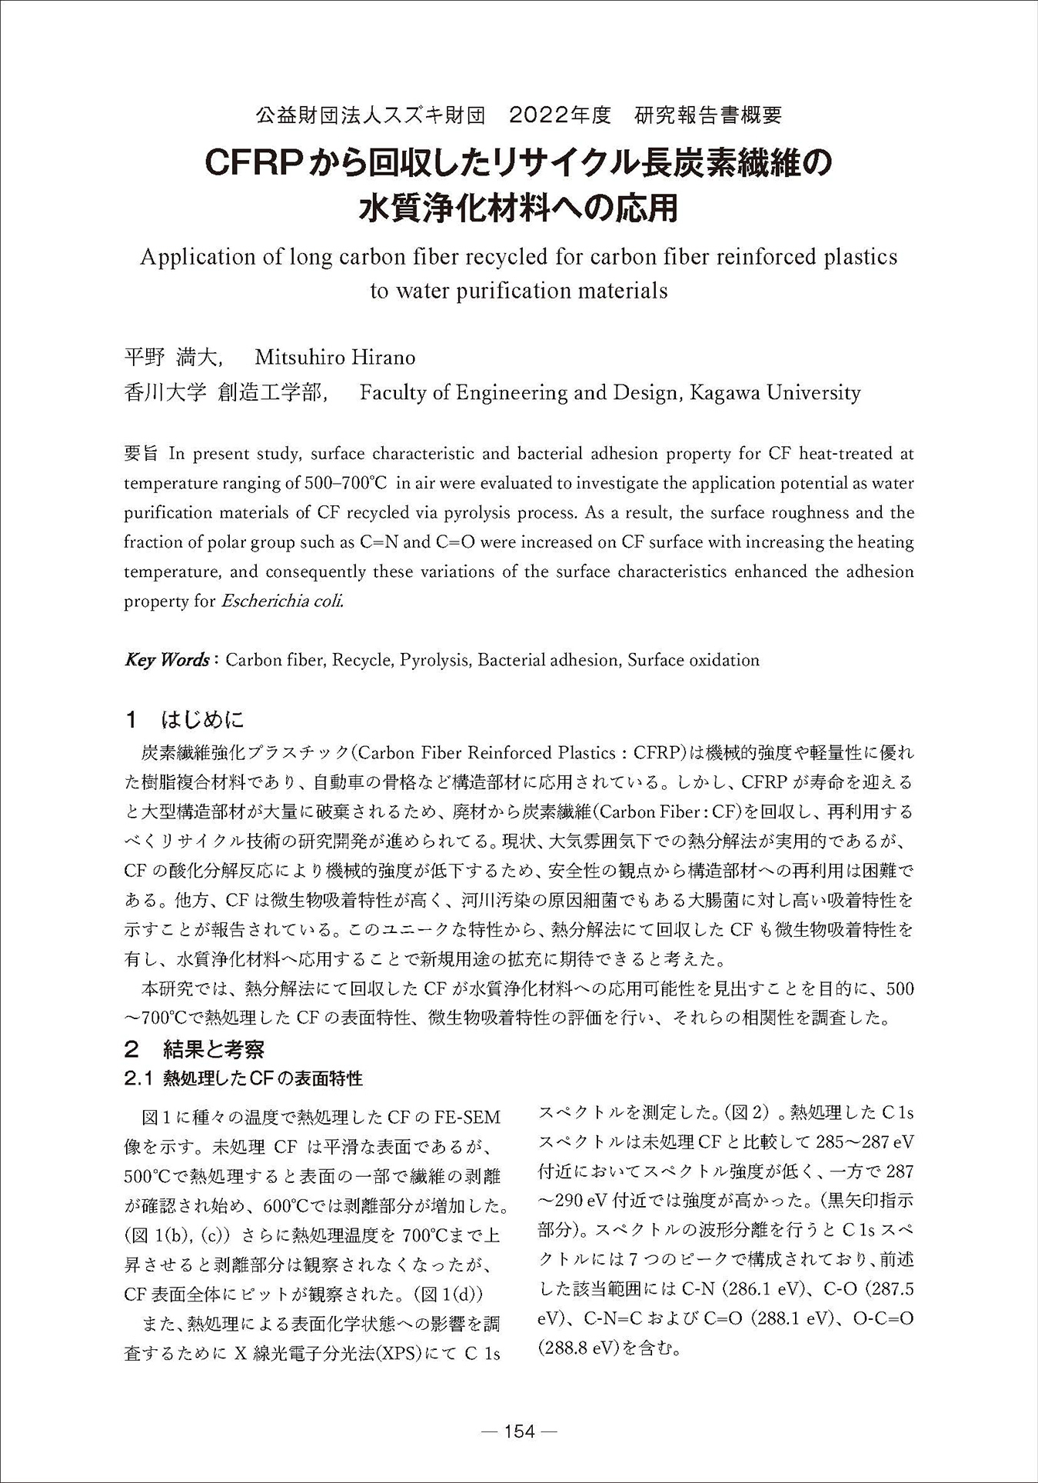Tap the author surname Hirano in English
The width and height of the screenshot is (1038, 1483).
click(x=383, y=358)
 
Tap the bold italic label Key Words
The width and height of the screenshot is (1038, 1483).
click(x=168, y=660)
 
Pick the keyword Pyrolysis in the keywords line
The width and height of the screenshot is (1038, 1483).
click(x=434, y=660)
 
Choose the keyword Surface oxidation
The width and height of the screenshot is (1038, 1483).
click(x=694, y=660)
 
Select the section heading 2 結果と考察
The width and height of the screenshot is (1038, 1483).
click(x=195, y=1048)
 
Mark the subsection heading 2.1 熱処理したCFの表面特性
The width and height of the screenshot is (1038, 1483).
click(x=243, y=1078)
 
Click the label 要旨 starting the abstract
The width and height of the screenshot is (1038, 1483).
click(x=141, y=454)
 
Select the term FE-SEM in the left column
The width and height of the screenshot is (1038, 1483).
click(x=467, y=1117)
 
